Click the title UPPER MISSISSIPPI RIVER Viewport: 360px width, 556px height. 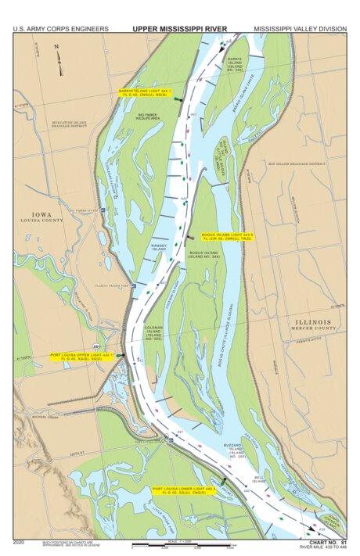[x=179, y=28]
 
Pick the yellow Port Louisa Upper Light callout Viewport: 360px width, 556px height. [x=81, y=357]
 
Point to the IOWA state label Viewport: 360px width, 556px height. [x=40, y=214]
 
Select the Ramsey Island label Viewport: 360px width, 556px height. [x=159, y=246]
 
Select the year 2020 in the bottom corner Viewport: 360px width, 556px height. [x=19, y=542]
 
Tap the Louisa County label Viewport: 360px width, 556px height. [x=41, y=221]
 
